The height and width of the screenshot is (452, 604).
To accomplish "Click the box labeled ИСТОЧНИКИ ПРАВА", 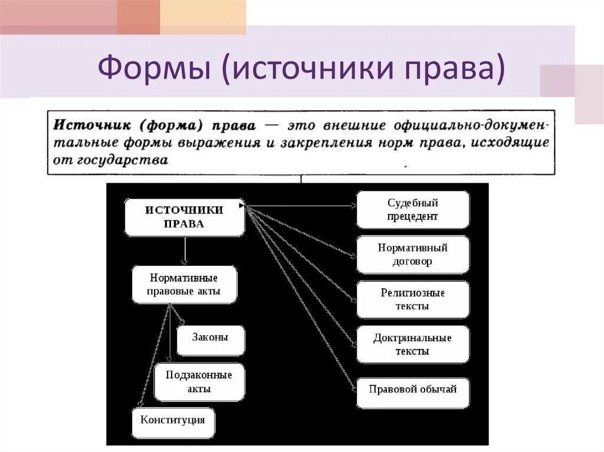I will coord(185,217).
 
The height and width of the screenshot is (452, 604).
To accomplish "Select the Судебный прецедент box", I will coord(413,209).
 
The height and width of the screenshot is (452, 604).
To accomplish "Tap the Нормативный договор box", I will coord(413,255).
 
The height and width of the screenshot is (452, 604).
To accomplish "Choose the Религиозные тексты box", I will coord(413,299).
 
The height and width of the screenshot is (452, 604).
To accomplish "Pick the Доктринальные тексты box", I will coord(413,344).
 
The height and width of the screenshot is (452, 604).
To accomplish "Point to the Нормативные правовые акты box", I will coord(184,284).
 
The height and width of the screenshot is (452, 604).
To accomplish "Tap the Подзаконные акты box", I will coord(199,382).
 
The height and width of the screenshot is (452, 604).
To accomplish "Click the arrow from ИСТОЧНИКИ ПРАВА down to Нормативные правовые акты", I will coord(185,250).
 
